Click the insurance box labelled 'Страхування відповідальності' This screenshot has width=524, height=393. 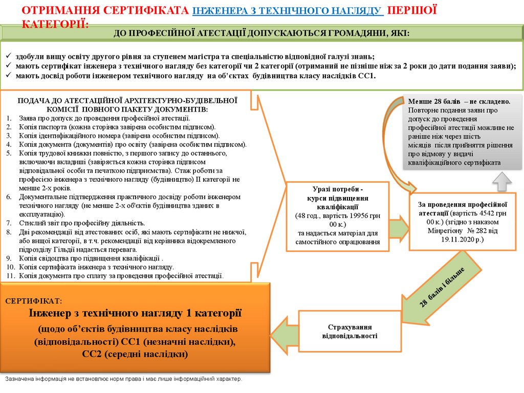(350, 331)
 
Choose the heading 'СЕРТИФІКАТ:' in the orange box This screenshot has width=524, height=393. (34, 301)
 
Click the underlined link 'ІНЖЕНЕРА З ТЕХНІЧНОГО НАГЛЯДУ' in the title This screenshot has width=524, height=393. (287, 11)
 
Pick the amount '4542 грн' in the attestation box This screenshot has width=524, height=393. (487, 213)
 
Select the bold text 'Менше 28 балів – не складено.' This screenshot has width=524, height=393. (459, 101)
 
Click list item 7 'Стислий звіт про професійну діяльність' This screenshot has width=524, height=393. (82, 223)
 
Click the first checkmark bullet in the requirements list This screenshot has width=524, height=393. (9, 57)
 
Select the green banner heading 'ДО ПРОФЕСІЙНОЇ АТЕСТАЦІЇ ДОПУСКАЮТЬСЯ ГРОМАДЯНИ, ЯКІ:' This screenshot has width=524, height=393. (261, 33)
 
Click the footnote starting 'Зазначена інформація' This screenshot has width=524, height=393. (123, 379)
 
